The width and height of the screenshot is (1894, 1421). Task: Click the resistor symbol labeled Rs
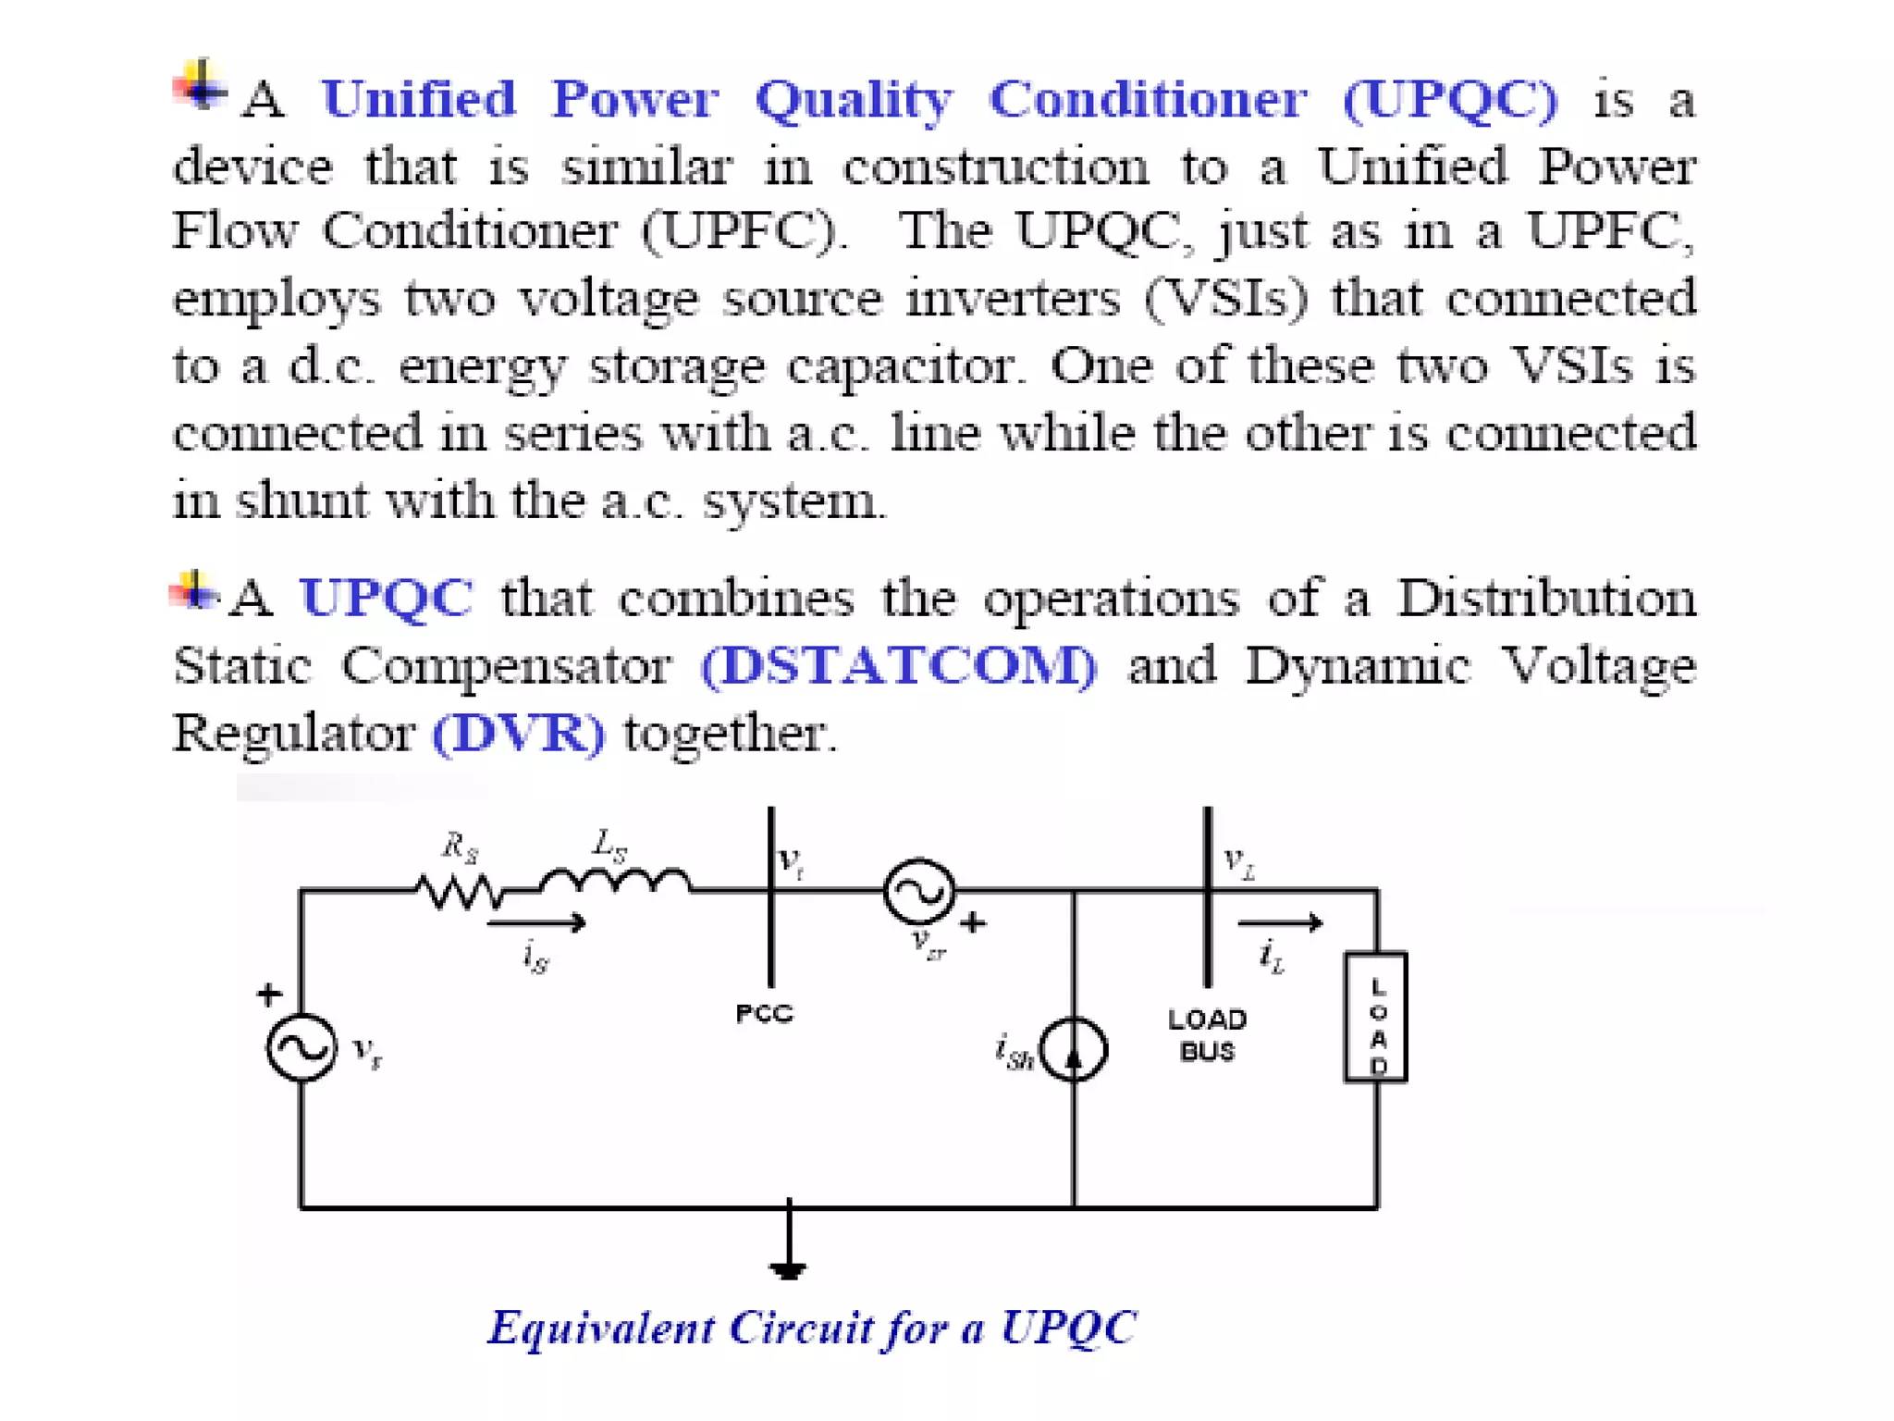(x=460, y=891)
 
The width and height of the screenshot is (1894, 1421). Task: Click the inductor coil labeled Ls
(x=615, y=881)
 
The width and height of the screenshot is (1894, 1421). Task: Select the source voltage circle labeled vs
(x=301, y=1047)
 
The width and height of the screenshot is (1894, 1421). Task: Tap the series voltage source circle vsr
(x=919, y=891)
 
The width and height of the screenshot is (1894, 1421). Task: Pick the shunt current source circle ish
(x=1074, y=1049)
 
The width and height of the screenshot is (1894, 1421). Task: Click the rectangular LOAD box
(x=1376, y=1017)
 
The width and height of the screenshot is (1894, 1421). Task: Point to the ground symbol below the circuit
(x=788, y=1267)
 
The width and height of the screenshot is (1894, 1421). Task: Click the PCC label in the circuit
(x=765, y=1014)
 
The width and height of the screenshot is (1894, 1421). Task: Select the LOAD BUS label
(x=1207, y=1035)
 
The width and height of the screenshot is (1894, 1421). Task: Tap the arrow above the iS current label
(x=536, y=922)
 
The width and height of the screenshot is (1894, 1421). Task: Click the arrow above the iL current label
(x=1280, y=922)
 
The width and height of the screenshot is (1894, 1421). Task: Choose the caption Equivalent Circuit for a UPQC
(x=812, y=1328)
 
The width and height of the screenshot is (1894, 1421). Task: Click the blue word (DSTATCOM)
(x=899, y=666)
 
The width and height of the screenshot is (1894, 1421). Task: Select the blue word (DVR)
(x=519, y=734)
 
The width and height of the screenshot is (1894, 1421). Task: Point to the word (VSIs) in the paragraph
(x=1227, y=298)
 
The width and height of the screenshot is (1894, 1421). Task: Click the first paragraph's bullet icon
(x=200, y=86)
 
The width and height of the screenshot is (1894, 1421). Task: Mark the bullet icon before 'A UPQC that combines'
(x=194, y=591)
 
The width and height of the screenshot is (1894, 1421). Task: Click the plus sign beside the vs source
(x=269, y=995)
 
